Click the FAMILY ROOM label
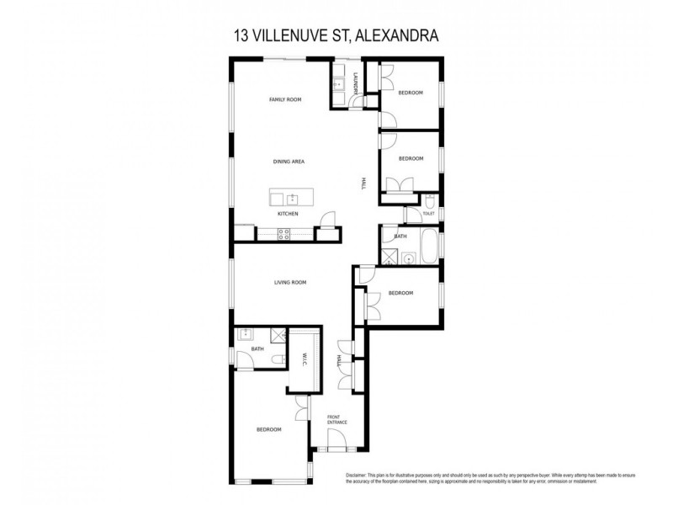(285, 100)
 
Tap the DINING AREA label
(289, 161)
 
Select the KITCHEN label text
(289, 214)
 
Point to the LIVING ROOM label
(289, 283)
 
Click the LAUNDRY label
(357, 83)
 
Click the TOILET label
(428, 214)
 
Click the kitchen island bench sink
(292, 199)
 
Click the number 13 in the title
(239, 36)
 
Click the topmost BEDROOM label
(411, 93)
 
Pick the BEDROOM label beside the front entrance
(268, 430)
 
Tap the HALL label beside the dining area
(363, 183)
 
